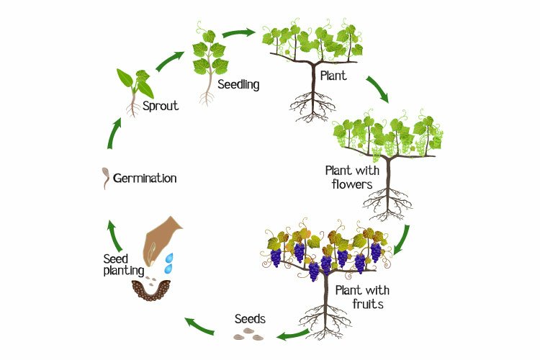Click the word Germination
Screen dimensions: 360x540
(145, 178)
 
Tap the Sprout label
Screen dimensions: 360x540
(160, 105)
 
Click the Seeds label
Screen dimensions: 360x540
(250, 318)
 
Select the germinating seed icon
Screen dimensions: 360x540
(105, 177)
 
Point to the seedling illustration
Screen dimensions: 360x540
(209, 61)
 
